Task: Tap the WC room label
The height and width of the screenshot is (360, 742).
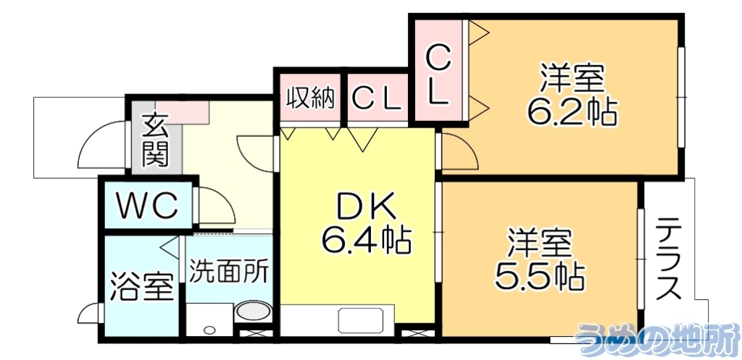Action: pyautogui.click(x=149, y=206)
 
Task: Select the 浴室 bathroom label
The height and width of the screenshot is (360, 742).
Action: pyautogui.click(x=141, y=286)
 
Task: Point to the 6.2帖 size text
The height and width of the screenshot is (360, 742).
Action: pyautogui.click(x=572, y=111)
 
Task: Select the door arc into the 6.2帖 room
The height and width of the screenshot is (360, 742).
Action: pyautogui.click(x=459, y=151)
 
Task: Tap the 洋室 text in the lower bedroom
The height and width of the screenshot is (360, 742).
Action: pyautogui.click(x=540, y=241)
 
